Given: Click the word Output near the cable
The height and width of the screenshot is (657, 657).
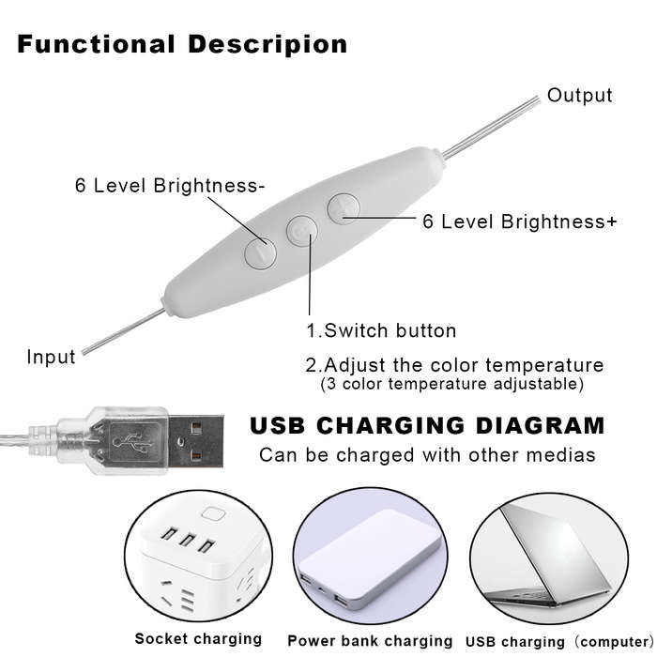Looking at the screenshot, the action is tap(579, 96).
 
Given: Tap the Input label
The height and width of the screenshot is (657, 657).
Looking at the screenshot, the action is tap(51, 357).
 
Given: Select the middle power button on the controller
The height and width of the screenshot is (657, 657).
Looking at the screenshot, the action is tap(301, 231).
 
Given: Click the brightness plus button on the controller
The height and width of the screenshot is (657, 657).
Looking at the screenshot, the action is tap(344, 208).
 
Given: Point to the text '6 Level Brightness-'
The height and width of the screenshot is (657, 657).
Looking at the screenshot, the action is tap(170, 185).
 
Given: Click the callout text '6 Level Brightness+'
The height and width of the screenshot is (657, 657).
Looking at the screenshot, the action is tap(520, 222).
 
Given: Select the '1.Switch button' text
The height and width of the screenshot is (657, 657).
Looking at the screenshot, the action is tap(381, 330).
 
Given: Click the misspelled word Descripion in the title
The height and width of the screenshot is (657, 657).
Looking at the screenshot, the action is tap(267, 44).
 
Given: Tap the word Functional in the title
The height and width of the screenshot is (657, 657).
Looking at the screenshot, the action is tap(96, 44).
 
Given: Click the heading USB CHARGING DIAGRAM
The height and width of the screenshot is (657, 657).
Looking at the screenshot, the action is tap(427, 426).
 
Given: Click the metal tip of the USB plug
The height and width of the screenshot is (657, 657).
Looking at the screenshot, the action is tap(196, 442).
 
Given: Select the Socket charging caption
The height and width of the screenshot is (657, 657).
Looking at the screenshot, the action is tap(198, 639).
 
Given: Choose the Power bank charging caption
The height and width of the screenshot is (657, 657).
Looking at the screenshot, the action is tap(370, 641).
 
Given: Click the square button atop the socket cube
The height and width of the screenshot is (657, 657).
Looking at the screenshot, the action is tap(213, 513).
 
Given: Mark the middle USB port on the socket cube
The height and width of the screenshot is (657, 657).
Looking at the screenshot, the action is tap(188, 540).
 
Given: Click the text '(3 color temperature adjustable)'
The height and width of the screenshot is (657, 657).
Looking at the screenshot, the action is tap(452, 384).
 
